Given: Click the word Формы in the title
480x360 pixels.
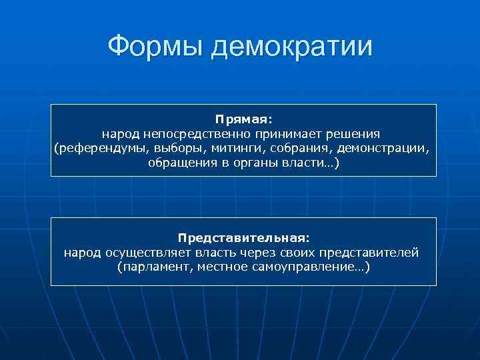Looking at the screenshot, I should point(155,47).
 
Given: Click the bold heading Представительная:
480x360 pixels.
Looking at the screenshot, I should point(243,237).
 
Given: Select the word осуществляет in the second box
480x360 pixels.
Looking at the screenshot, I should point(145,252).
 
